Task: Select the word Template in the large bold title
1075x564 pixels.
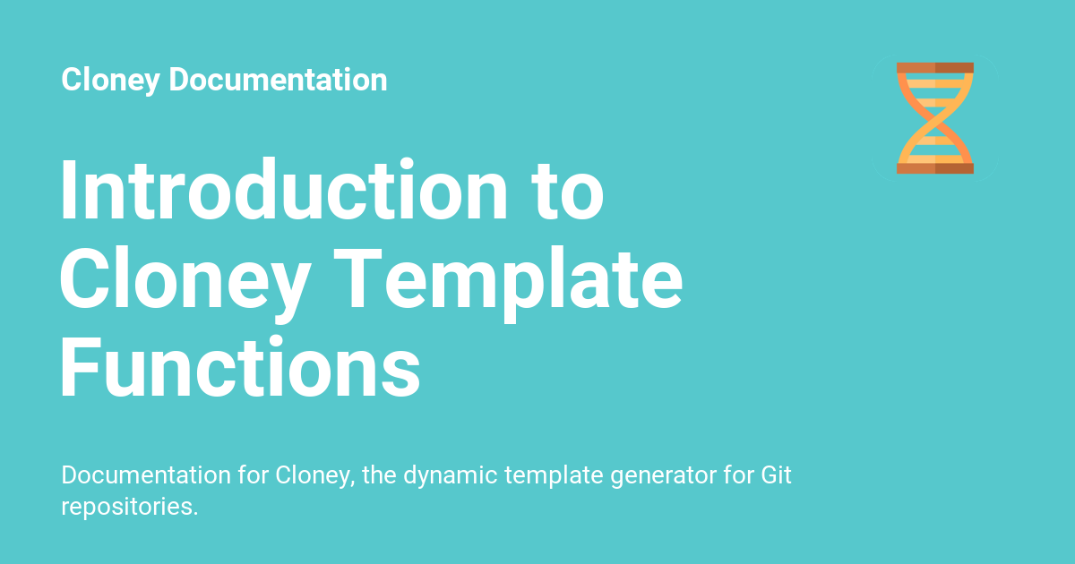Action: tap(508, 284)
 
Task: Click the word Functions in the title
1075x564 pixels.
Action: tap(240, 367)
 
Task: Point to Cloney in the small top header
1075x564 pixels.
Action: tap(110, 81)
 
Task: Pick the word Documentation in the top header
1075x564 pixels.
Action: tap(278, 79)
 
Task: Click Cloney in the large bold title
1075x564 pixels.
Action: tap(185, 284)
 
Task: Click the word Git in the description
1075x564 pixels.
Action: tap(776, 474)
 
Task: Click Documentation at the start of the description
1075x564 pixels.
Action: tap(146, 474)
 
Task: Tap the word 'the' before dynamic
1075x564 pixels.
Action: tap(379, 474)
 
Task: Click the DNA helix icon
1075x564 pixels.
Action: tap(935, 118)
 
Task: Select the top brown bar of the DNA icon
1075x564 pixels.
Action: tap(935, 68)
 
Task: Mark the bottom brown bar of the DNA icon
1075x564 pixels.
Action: tap(935, 168)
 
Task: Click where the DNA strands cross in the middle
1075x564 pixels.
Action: tap(935, 118)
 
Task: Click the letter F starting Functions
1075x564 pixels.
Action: tap(79, 366)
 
